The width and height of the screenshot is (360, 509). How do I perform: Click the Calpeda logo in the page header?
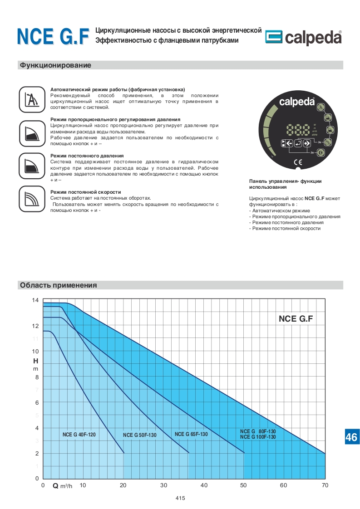(303, 38)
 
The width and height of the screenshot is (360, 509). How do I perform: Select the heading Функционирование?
(55, 65)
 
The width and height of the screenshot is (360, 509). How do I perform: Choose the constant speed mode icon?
(32, 198)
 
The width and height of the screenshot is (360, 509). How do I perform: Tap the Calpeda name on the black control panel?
(296, 102)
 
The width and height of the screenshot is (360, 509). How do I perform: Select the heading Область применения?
(58, 285)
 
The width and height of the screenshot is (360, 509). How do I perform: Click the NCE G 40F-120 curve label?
(79, 435)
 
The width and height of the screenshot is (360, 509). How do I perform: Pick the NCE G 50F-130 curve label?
(139, 435)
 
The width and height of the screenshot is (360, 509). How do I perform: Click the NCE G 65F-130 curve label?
(191, 434)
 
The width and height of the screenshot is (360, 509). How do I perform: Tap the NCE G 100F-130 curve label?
(257, 437)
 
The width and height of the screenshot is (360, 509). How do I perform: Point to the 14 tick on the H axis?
(35, 300)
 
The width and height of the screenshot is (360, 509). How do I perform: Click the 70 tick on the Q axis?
(325, 485)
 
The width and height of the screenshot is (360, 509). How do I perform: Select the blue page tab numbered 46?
(351, 437)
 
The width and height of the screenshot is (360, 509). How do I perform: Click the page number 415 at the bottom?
(180, 498)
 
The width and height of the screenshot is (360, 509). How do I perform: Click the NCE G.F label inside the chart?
(296, 318)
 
